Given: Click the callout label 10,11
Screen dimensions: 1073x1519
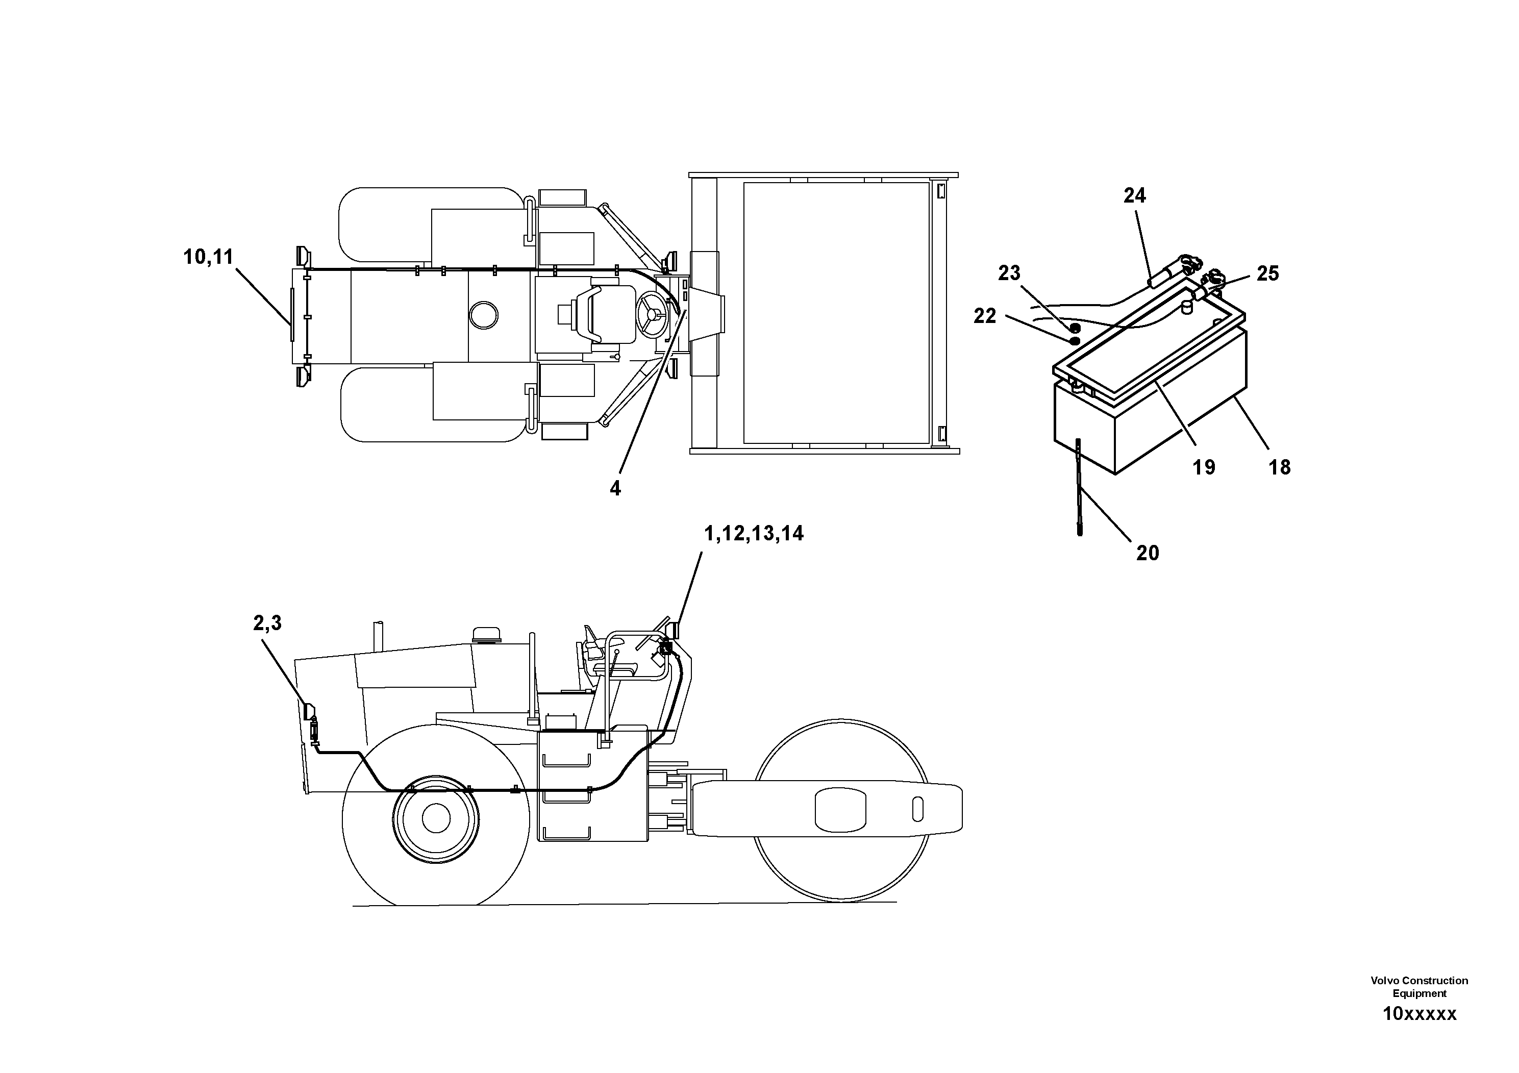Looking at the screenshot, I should (208, 257).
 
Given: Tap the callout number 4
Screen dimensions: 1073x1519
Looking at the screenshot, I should (615, 488).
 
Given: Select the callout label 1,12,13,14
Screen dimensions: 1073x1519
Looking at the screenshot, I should (754, 533).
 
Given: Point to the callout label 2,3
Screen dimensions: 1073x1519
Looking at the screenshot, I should (267, 622).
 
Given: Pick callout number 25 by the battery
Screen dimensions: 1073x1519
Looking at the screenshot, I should (1267, 273).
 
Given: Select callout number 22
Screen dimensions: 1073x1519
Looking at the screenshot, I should (984, 316).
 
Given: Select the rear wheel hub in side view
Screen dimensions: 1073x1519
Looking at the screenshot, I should (435, 818).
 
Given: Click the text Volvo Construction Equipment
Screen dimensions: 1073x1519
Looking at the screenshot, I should (1419, 987).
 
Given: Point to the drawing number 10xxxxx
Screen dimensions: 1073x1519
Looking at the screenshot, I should (1419, 1014).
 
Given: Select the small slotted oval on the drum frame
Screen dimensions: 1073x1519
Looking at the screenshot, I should (917, 808).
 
